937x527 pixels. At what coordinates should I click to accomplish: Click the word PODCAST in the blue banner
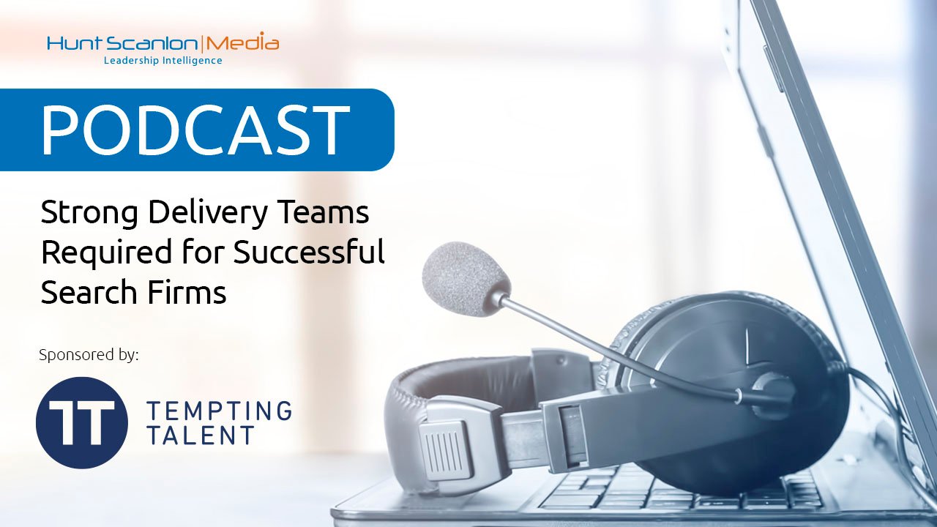195,130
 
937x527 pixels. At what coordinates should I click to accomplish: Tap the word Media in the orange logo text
242,42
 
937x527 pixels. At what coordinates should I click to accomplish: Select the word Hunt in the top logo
74,43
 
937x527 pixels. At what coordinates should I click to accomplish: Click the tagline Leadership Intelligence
163,61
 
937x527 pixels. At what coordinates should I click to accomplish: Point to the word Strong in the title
89,213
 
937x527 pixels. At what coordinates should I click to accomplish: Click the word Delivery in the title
208,212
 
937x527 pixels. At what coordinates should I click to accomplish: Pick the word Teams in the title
324,212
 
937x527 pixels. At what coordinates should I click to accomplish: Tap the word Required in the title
107,253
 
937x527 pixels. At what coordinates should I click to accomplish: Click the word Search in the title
89,291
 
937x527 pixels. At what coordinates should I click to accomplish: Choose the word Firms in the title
187,291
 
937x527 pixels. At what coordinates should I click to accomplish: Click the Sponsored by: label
89,355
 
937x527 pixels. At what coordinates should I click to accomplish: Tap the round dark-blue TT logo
81,422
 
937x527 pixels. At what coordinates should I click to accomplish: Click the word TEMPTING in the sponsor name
220,411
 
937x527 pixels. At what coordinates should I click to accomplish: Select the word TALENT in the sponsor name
201,435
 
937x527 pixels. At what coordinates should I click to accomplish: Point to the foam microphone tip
466,279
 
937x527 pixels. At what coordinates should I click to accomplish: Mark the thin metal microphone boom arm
619,347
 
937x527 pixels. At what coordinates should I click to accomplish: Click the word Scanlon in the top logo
151,43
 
